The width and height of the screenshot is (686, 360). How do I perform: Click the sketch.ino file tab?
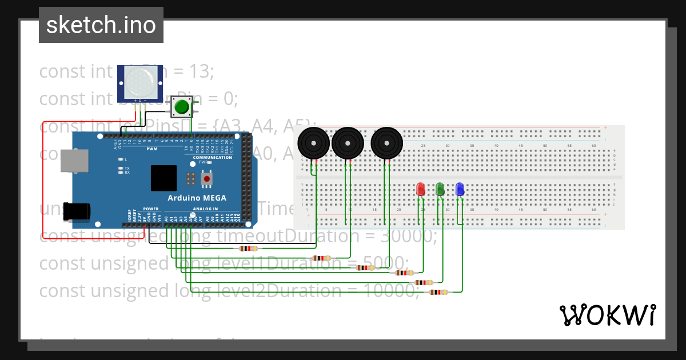101,25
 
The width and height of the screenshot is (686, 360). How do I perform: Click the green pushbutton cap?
182,107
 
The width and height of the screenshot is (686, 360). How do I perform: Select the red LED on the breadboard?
420,189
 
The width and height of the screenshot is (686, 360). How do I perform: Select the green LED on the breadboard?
440,189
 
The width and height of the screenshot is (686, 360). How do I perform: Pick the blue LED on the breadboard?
460,189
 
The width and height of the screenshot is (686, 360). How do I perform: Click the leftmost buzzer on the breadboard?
313,143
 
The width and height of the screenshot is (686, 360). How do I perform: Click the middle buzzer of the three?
348,143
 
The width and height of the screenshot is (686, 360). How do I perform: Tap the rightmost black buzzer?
387,143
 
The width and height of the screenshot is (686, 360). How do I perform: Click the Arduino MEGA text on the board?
197,198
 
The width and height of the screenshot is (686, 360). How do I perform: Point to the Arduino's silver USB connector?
75,161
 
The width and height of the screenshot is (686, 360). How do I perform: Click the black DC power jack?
77,211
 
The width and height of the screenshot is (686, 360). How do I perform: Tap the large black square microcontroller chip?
163,178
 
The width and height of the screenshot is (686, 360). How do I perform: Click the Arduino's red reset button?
206,180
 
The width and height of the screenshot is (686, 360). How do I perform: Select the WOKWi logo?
607,315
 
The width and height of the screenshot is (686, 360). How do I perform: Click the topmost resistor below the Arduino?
248,249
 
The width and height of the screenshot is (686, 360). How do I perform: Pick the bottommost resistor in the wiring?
437,293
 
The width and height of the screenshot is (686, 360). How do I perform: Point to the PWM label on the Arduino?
151,149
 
